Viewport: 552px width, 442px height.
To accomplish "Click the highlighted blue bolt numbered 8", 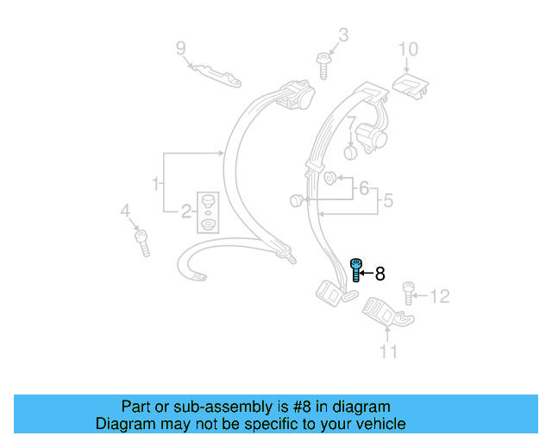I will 355,271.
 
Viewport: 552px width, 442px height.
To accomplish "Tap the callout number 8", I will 379,274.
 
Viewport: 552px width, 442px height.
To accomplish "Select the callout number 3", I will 342,35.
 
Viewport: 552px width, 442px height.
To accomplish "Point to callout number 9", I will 181,47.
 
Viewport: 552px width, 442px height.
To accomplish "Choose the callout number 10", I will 407,48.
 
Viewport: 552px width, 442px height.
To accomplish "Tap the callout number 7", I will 353,125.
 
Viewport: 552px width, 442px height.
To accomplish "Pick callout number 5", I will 387,200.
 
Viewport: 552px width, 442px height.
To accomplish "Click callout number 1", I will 156,183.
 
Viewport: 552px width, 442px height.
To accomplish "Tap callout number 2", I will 185,211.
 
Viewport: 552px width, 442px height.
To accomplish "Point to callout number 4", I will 125,210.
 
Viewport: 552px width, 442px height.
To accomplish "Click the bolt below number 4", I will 142,241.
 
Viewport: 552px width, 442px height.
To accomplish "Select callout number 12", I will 439,297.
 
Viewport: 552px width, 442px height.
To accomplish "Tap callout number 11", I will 389,350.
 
